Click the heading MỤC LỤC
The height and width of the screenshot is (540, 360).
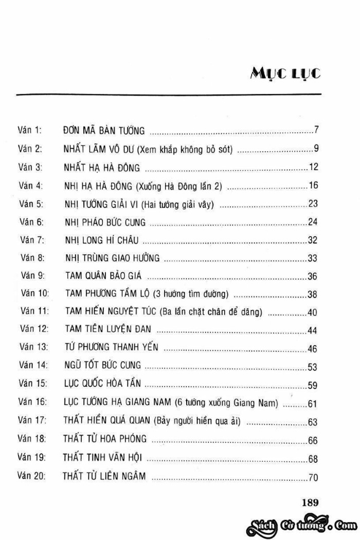[286, 74]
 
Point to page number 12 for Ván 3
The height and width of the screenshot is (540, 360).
[314, 167]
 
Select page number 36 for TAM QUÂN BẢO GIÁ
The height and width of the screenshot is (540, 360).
[313, 276]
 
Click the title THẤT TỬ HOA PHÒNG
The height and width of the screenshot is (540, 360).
[105, 439]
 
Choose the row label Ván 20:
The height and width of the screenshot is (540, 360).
[31, 476]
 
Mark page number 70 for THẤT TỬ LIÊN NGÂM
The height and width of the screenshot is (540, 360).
[313, 478]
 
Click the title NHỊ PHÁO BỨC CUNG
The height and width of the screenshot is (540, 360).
[105, 222]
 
